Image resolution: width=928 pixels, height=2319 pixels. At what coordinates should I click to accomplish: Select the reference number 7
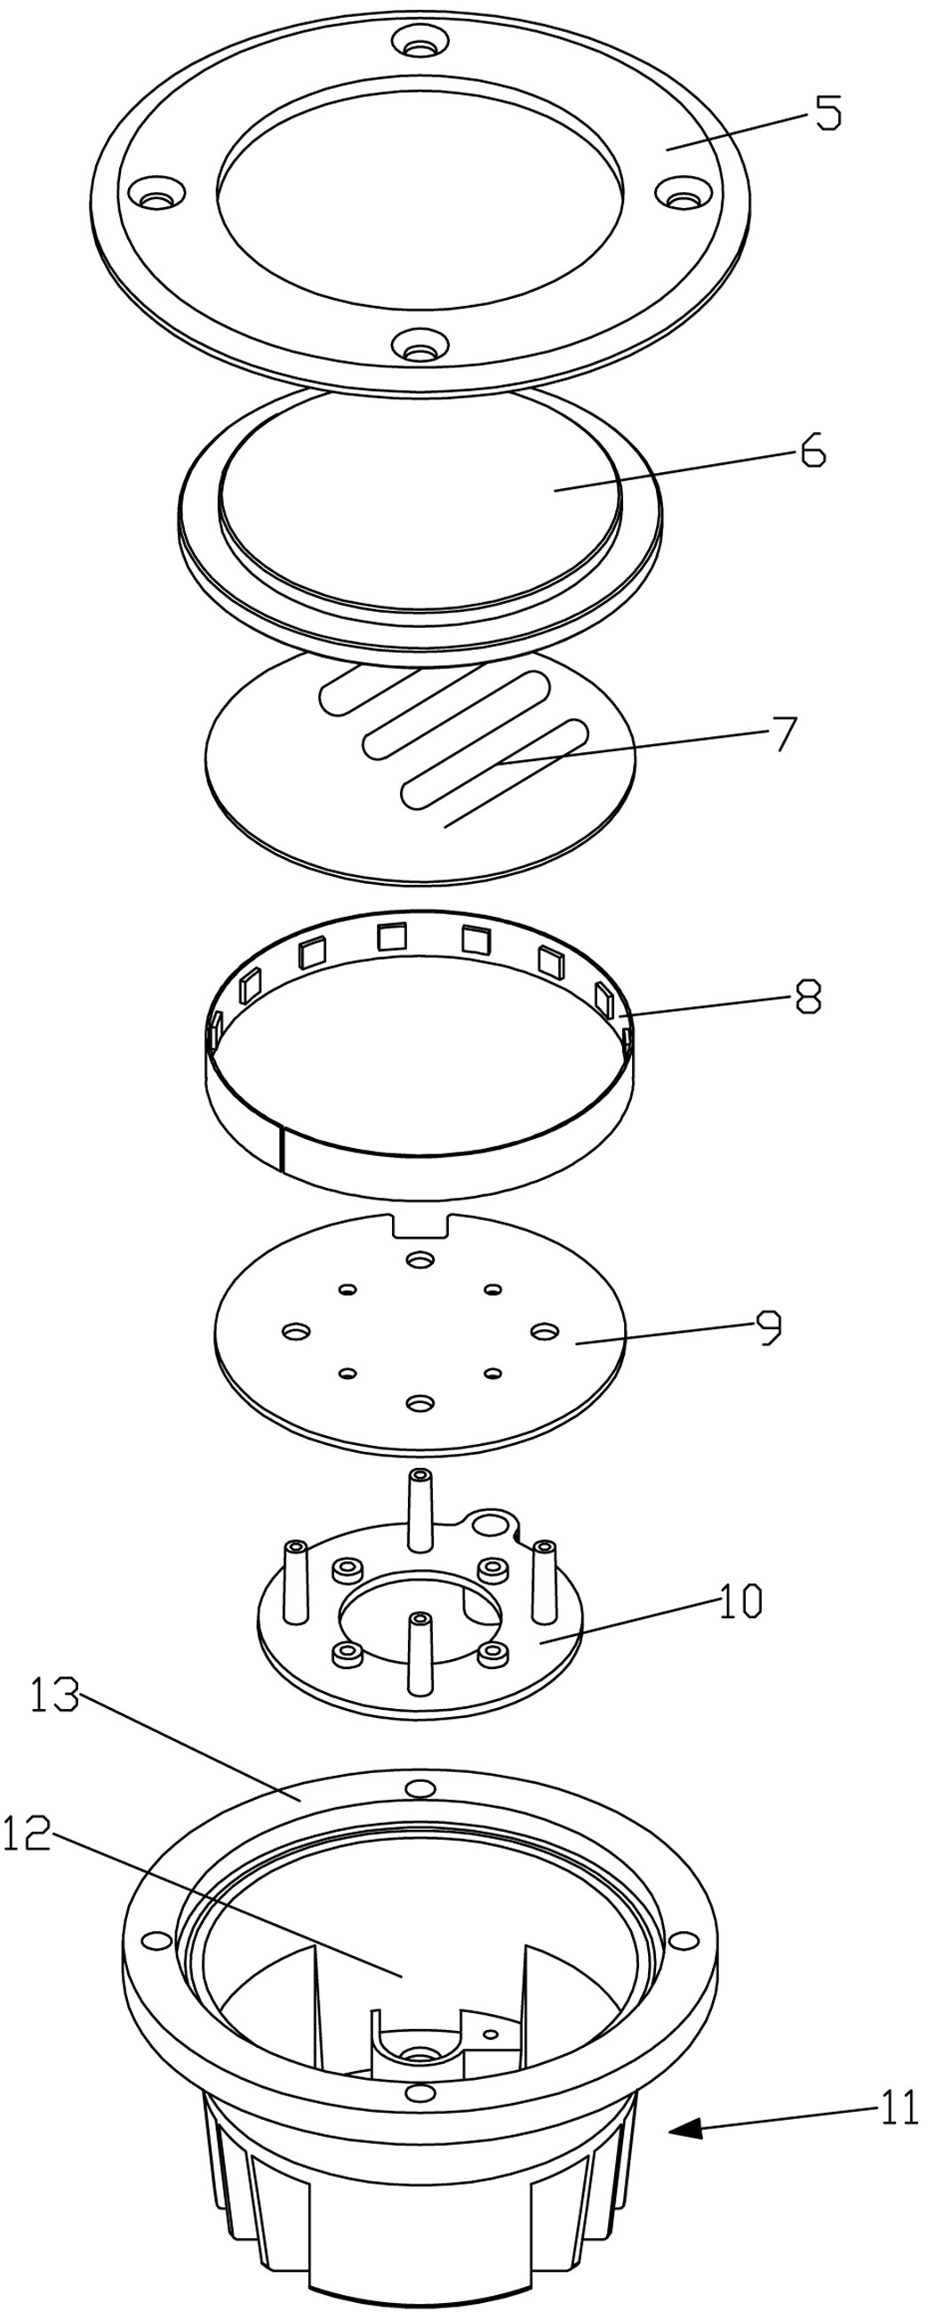pyautogui.click(x=785, y=734)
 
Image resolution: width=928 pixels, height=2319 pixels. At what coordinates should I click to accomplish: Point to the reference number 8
pyautogui.click(x=808, y=997)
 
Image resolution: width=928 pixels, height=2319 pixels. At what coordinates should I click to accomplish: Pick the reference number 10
pyautogui.click(x=740, y=1601)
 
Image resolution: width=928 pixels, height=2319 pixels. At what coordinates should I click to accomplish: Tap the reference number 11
pyautogui.click(x=898, y=2106)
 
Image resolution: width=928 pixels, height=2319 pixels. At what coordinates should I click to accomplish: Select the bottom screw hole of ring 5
pyautogui.click(x=417, y=345)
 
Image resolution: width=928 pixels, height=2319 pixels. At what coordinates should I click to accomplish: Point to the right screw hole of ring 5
pyautogui.click(x=684, y=193)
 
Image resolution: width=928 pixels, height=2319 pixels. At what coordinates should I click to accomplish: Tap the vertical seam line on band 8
pyautogui.click(x=281, y=1150)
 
